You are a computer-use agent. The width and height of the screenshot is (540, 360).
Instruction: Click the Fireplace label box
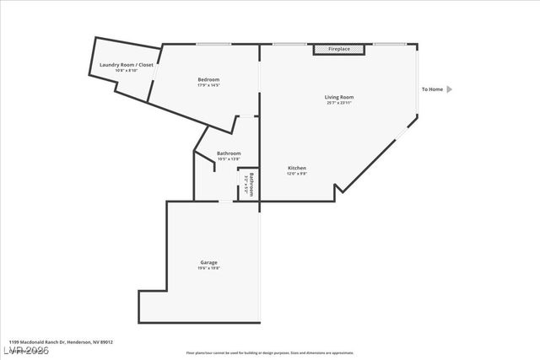(x=339, y=50)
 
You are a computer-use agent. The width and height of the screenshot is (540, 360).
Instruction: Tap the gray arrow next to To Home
(x=450, y=89)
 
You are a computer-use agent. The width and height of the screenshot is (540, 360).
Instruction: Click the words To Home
(x=432, y=89)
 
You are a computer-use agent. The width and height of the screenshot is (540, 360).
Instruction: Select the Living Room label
(x=339, y=97)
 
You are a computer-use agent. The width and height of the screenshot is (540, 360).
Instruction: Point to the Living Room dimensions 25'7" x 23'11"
(x=339, y=103)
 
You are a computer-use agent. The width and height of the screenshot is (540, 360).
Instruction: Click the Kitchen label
(x=296, y=168)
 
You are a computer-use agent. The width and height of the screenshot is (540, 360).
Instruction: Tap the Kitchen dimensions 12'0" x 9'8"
(x=296, y=174)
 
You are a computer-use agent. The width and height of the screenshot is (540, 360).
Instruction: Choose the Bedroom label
(x=208, y=79)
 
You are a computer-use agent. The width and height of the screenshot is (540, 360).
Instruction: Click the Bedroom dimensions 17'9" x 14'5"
(x=208, y=85)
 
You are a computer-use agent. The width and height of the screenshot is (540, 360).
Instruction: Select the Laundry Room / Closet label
(x=126, y=64)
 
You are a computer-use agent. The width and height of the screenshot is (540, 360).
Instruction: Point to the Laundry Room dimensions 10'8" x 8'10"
(x=126, y=70)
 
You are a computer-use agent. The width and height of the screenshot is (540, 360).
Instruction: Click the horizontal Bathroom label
(x=229, y=153)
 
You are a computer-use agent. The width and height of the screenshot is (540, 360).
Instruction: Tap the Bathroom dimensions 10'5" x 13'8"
(x=229, y=159)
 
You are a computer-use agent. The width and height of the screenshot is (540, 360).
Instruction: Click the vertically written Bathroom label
(x=251, y=185)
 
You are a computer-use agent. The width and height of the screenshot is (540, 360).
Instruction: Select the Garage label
(x=209, y=262)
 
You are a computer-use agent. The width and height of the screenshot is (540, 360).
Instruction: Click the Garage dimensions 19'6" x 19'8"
(x=209, y=268)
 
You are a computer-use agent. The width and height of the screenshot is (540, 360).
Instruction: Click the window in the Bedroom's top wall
(x=208, y=44)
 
